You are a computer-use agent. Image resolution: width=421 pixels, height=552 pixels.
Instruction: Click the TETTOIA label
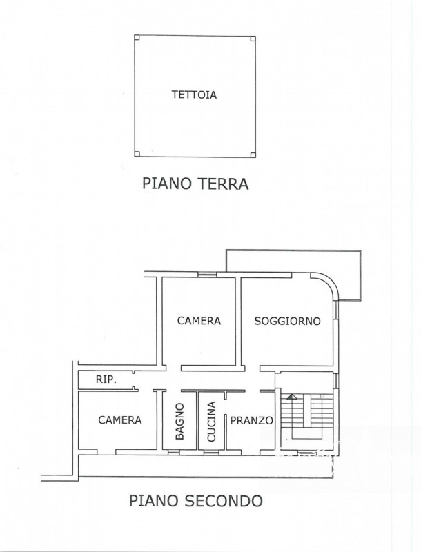point(194,95)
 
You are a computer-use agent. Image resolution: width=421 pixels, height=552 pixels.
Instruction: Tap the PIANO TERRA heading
point(195,184)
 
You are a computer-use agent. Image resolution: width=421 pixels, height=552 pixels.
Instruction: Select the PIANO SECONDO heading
point(196,500)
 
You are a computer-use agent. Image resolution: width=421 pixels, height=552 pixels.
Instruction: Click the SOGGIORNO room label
point(287,321)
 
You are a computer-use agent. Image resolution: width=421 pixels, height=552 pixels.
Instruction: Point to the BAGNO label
point(179,421)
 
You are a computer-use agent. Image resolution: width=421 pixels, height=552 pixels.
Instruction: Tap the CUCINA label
point(211,422)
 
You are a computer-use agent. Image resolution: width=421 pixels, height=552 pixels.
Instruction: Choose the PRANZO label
point(252,420)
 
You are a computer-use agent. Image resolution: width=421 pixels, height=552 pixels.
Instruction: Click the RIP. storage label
point(106,379)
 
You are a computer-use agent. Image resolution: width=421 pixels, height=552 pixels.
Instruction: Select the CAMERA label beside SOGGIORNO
point(199,321)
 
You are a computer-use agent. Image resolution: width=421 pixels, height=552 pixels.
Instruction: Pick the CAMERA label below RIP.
point(119,420)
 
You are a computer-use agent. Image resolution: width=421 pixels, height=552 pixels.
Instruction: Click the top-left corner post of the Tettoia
point(137,38)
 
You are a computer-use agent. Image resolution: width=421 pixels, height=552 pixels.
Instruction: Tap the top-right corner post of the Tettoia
point(253,39)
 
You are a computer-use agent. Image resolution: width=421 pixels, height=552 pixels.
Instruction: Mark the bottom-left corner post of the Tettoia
point(137,153)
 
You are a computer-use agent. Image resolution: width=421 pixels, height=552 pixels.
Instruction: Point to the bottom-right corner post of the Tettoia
point(253,154)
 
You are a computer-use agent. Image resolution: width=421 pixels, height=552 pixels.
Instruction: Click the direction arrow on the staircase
point(291,397)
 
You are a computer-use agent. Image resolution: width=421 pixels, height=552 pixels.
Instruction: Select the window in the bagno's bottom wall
point(173,452)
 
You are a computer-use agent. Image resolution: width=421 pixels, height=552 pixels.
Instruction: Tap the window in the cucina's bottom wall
point(211,452)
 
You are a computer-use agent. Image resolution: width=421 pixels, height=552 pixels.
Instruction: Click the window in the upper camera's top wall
point(207,275)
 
